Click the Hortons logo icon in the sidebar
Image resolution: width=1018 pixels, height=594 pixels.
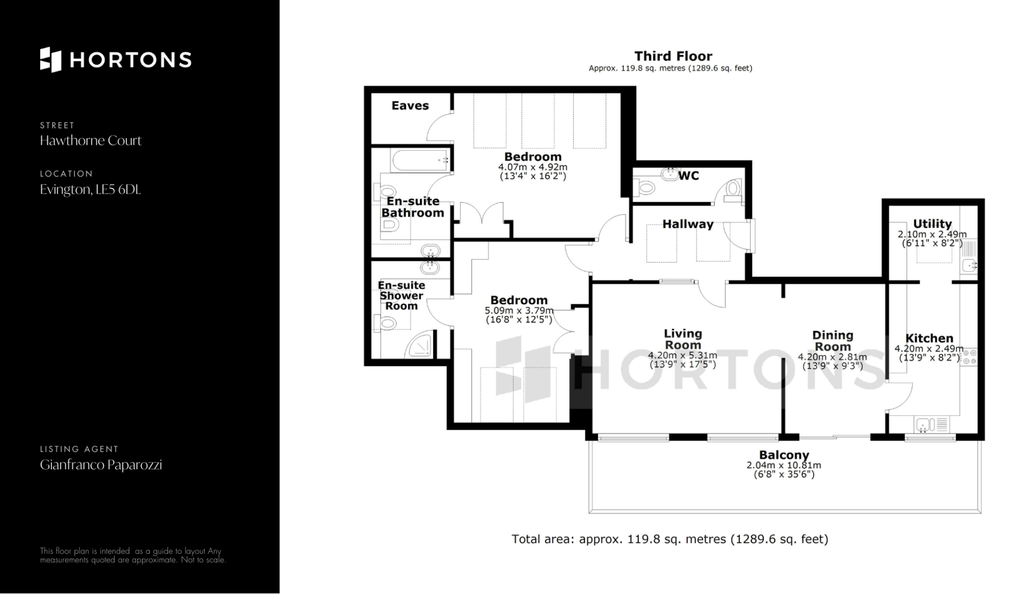pyautogui.click(x=51, y=59)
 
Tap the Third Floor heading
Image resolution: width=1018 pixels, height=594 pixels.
pyautogui.click(x=673, y=56)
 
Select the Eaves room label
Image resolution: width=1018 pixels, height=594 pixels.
pyautogui.click(x=410, y=106)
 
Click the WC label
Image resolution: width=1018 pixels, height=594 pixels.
pyautogui.click(x=689, y=176)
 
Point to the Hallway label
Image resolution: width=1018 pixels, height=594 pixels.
pyautogui.click(x=688, y=224)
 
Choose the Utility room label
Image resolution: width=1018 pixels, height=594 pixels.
pyautogui.click(x=932, y=224)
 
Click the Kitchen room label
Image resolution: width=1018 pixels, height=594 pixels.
pyautogui.click(x=929, y=338)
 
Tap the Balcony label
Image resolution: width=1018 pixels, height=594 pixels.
pyautogui.click(x=784, y=455)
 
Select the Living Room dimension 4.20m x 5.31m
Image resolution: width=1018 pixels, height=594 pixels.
pyautogui.click(x=682, y=355)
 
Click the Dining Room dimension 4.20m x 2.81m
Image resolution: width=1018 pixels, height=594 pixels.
pyautogui.click(x=832, y=357)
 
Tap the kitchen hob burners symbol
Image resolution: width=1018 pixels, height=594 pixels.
pyautogui.click(x=970, y=357)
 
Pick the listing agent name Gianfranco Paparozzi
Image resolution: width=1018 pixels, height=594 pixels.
pyautogui.click(x=101, y=465)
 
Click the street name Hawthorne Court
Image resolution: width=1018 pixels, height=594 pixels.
pyautogui.click(x=91, y=141)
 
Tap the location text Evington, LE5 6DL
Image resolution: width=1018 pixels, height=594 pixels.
pyautogui.click(x=90, y=190)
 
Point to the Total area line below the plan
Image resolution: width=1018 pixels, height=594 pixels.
pyautogui.click(x=670, y=539)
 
